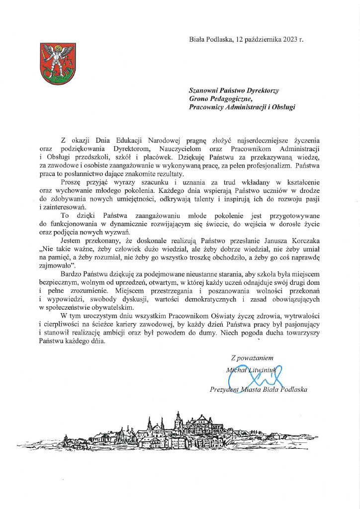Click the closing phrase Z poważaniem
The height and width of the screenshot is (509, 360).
tap(252, 357)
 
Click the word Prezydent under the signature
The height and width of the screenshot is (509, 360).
tap(228, 390)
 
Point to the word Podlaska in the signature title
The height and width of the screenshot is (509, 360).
tap(293, 390)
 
